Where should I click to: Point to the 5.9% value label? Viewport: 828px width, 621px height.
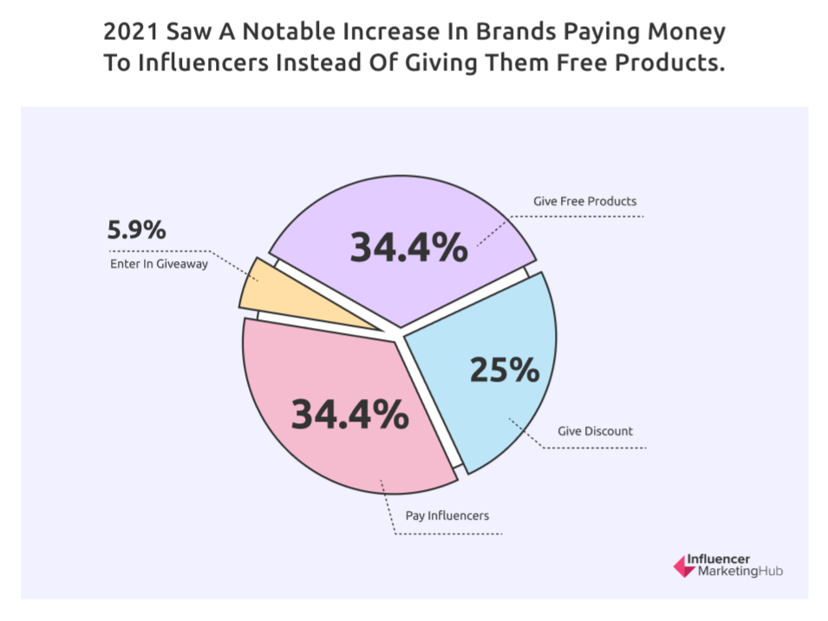coord(136,232)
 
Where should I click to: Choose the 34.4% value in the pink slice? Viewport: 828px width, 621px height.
coord(349,414)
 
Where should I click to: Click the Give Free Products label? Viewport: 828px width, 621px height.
coord(584,201)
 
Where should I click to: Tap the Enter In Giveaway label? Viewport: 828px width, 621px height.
coord(159,264)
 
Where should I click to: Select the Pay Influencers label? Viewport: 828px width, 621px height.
coord(447,515)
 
